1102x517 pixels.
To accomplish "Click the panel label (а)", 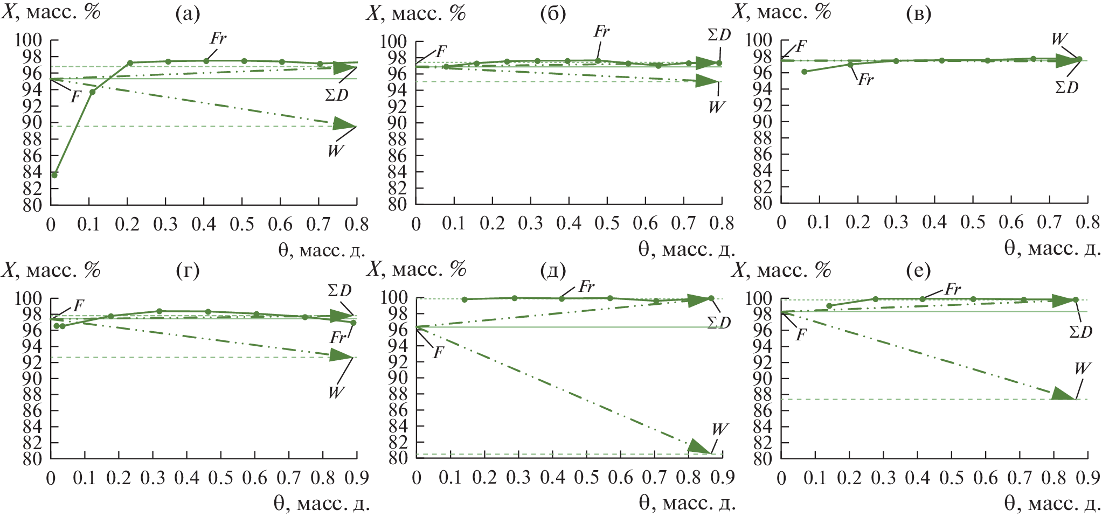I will coord(188,15).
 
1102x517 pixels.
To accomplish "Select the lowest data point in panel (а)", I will coord(54,175).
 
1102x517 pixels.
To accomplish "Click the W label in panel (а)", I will coord(335,150).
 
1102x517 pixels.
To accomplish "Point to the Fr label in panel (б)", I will coord(601,32).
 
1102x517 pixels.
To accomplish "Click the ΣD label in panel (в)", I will coord(1066,87).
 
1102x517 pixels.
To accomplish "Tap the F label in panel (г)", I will coord(79,306).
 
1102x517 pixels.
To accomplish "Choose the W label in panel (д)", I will coord(719,429).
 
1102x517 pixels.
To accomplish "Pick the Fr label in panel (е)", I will coord(953,289).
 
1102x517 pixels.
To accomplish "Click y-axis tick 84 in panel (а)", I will coord(32,172).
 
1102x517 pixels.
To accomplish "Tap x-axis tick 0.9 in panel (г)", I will coord(357,478).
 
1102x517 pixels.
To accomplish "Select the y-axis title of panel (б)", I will coord(415,13).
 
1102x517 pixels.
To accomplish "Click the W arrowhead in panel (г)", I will coord(342,355).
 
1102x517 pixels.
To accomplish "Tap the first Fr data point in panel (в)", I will coord(805,72).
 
